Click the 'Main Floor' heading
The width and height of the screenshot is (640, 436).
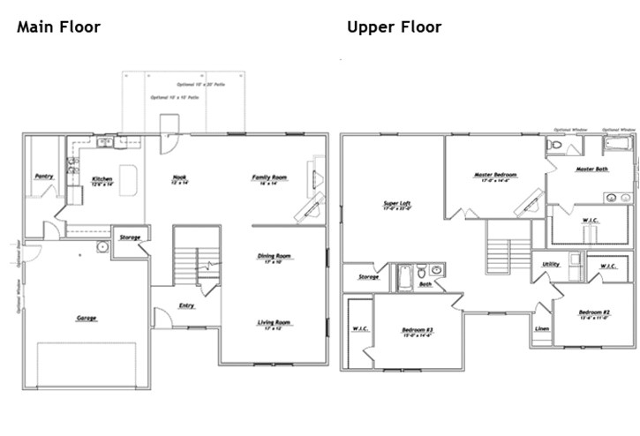click(x=58, y=27)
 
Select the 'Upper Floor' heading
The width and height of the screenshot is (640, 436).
click(x=394, y=27)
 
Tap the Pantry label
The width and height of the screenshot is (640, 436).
click(x=44, y=177)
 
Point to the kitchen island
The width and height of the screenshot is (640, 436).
click(x=129, y=179)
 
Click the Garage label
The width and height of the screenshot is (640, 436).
click(x=87, y=318)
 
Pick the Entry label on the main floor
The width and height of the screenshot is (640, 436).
click(x=187, y=306)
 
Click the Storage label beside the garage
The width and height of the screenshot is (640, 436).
click(x=131, y=237)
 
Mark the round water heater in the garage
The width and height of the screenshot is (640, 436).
click(x=102, y=246)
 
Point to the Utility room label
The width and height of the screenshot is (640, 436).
click(x=550, y=264)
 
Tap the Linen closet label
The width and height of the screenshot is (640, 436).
click(x=541, y=329)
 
